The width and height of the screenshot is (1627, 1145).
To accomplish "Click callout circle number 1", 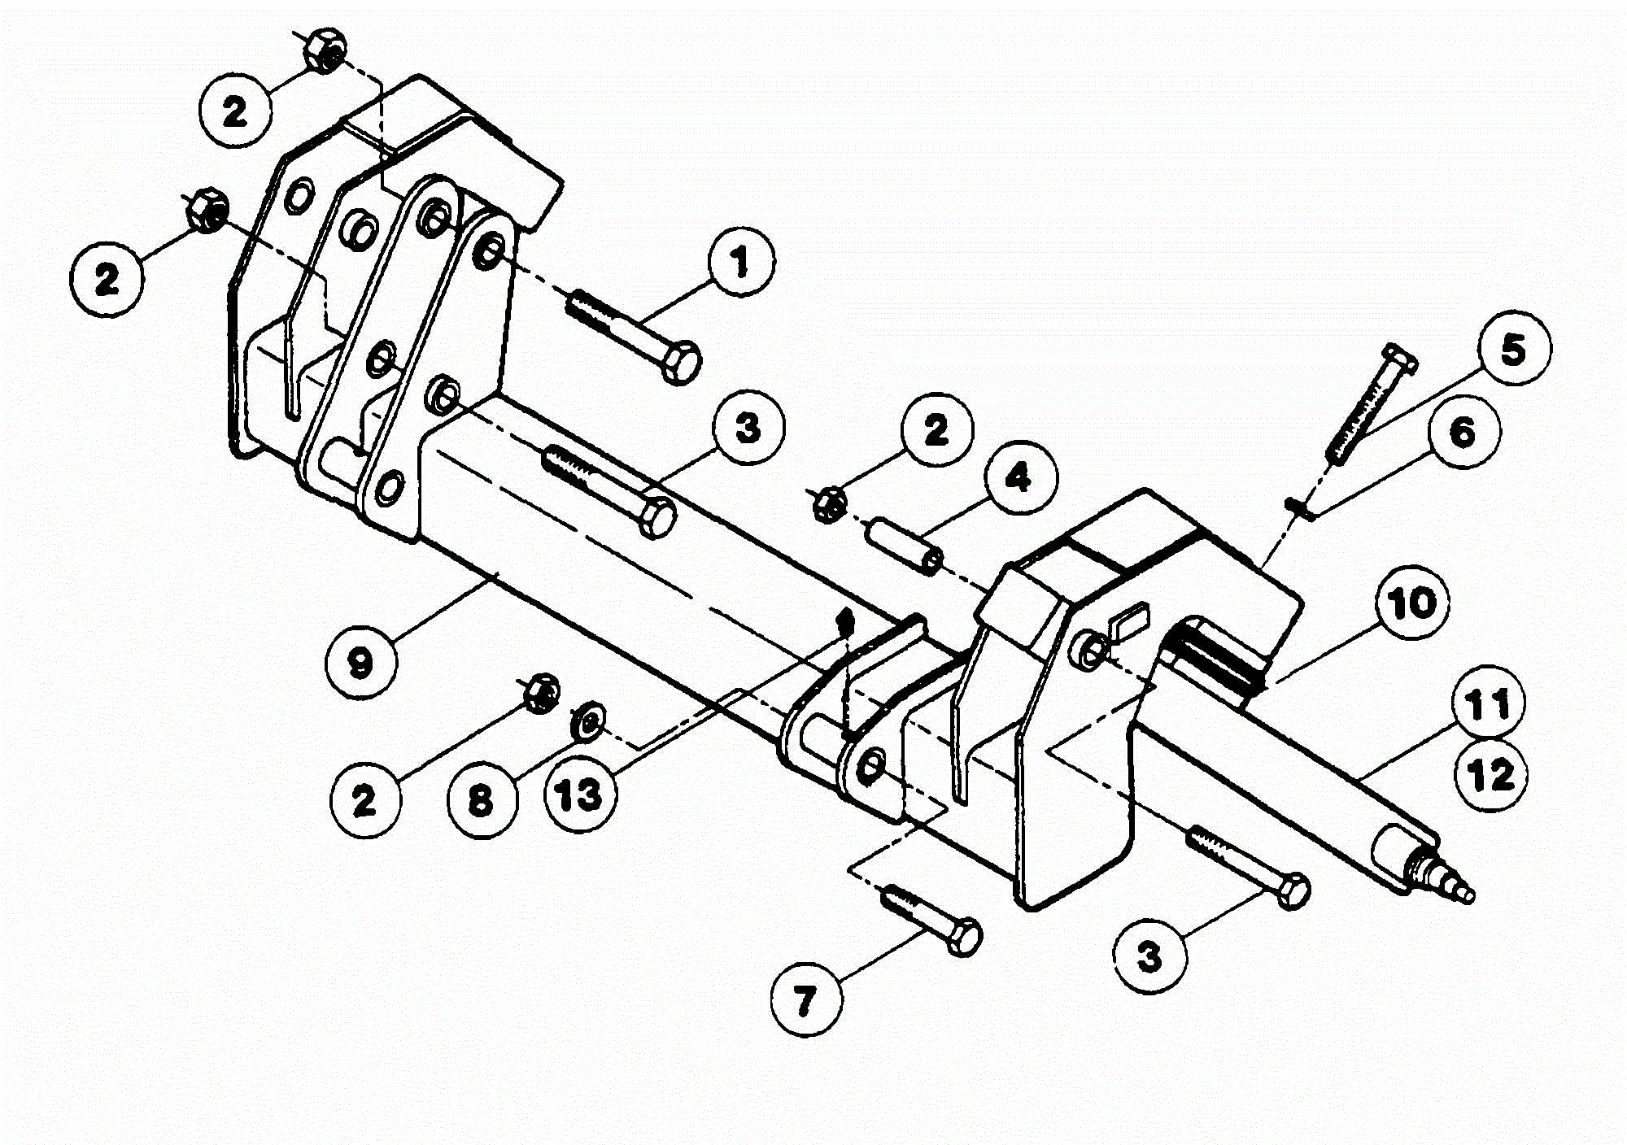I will click(x=739, y=263).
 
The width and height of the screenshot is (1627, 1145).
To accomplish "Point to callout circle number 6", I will click(x=1462, y=432).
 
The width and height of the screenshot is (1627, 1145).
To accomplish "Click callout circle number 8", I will click(x=482, y=800).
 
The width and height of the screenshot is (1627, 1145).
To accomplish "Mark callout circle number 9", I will click(x=360, y=663).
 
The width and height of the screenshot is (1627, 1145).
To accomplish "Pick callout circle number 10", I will click(x=1413, y=604).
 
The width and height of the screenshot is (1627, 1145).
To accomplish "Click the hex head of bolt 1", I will click(x=682, y=363).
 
